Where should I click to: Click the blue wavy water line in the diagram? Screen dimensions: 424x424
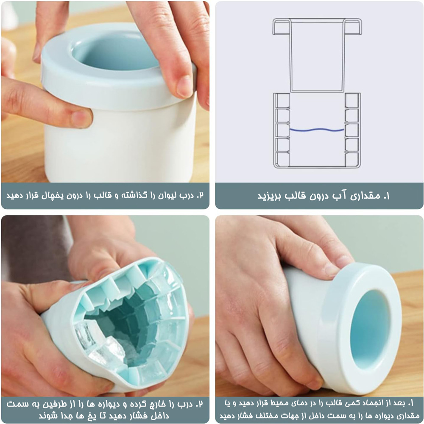(x=317, y=130)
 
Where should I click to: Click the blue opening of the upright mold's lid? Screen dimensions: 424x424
(x=117, y=53)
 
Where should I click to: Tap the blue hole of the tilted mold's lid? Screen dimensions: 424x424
(x=371, y=330)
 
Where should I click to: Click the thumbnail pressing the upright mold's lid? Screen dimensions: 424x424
(x=185, y=86)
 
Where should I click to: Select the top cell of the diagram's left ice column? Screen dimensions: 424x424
(x=282, y=100)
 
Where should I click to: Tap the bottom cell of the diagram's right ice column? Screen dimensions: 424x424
(x=352, y=159)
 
